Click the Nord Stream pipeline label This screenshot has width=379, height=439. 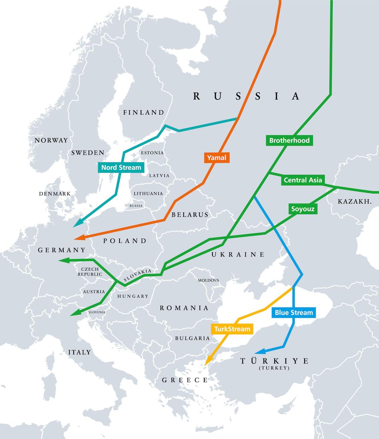(121, 168)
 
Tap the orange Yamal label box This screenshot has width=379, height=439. (216, 158)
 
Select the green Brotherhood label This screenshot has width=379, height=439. (289, 141)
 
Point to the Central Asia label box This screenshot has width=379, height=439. (303, 180)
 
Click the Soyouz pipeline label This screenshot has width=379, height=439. (303, 209)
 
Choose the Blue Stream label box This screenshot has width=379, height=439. (294, 313)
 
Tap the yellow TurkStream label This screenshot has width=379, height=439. (232, 329)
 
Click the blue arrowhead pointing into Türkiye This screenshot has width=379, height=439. (260, 351)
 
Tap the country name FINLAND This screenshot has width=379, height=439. (144, 112)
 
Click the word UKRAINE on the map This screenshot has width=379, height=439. (238, 254)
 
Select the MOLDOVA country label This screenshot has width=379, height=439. (208, 280)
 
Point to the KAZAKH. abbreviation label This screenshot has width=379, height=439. (354, 201)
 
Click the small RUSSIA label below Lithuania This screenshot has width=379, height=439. (136, 206)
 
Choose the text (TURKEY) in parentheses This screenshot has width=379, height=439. (274, 368)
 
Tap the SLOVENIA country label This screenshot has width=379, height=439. (97, 312)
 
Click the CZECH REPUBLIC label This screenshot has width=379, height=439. (90, 271)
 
